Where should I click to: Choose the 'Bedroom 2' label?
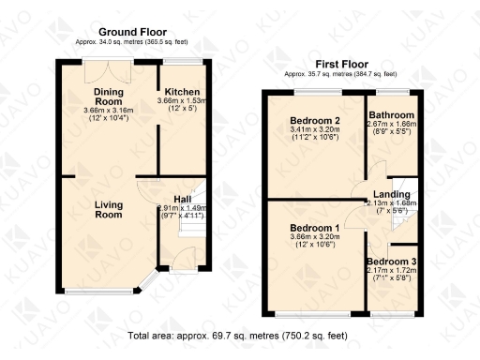click(x=313, y=120)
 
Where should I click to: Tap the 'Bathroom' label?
click(x=391, y=115)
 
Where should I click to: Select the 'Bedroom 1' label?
click(x=313, y=229)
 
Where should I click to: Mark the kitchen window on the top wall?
click(x=179, y=63)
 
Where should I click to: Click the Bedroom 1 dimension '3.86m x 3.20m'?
click(x=313, y=240)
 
